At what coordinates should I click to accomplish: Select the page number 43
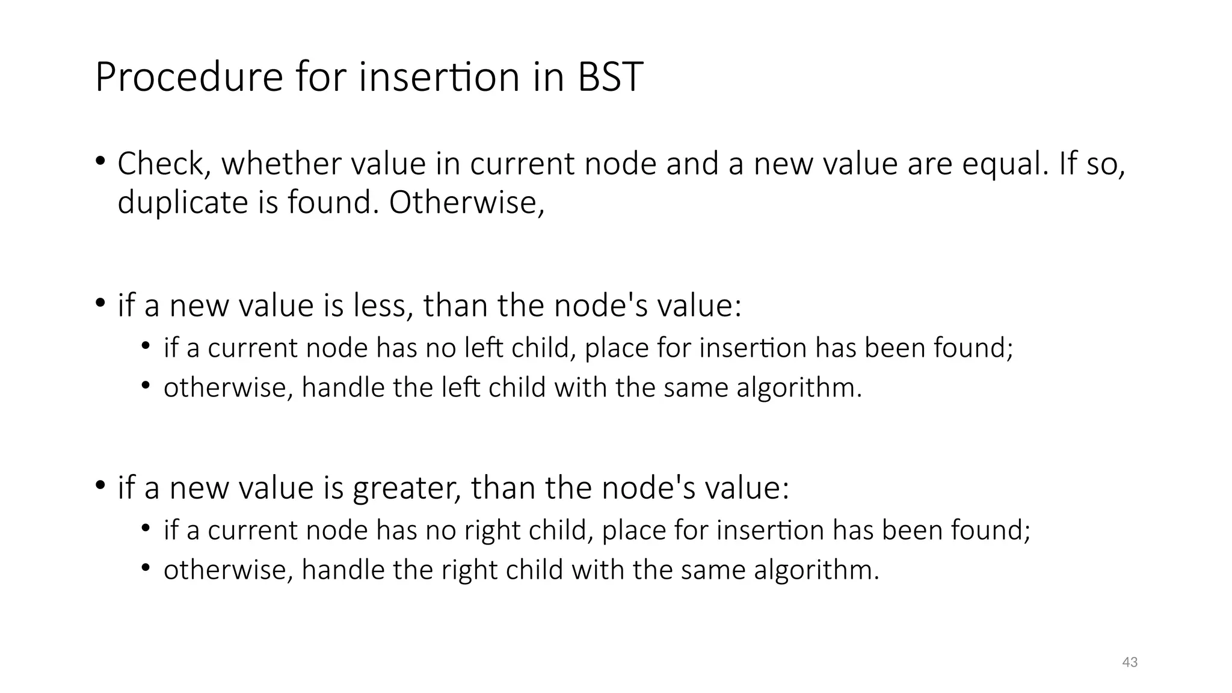click(1130, 662)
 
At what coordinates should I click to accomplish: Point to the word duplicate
click(182, 202)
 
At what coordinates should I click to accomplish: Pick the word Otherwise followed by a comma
click(466, 202)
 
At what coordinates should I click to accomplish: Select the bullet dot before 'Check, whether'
click(100, 162)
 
